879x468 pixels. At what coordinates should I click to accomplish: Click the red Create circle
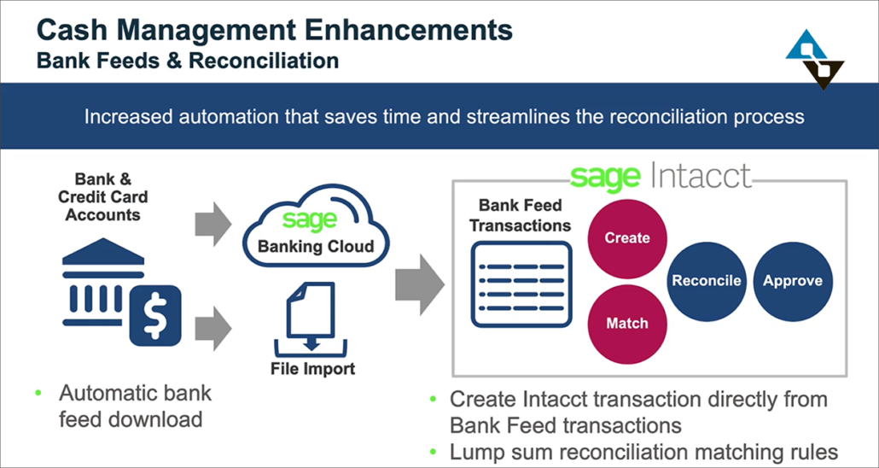(626, 238)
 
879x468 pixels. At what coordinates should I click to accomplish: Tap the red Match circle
(626, 324)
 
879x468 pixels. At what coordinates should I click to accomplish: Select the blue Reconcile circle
(707, 281)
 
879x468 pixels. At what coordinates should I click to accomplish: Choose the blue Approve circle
(793, 281)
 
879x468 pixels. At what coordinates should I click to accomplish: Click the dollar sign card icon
(155, 316)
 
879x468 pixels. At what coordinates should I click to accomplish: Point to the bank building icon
(103, 282)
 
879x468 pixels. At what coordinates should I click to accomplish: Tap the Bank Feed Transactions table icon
(521, 284)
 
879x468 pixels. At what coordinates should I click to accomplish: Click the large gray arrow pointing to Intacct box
(420, 284)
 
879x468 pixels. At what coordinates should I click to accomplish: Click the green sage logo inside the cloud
(310, 220)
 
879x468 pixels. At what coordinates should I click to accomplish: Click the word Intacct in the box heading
(701, 176)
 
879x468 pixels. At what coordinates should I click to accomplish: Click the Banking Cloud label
(316, 246)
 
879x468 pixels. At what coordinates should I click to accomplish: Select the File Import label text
(313, 369)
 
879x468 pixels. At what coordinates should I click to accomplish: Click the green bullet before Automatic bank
(38, 393)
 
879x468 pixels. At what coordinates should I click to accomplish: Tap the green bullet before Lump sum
(432, 452)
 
